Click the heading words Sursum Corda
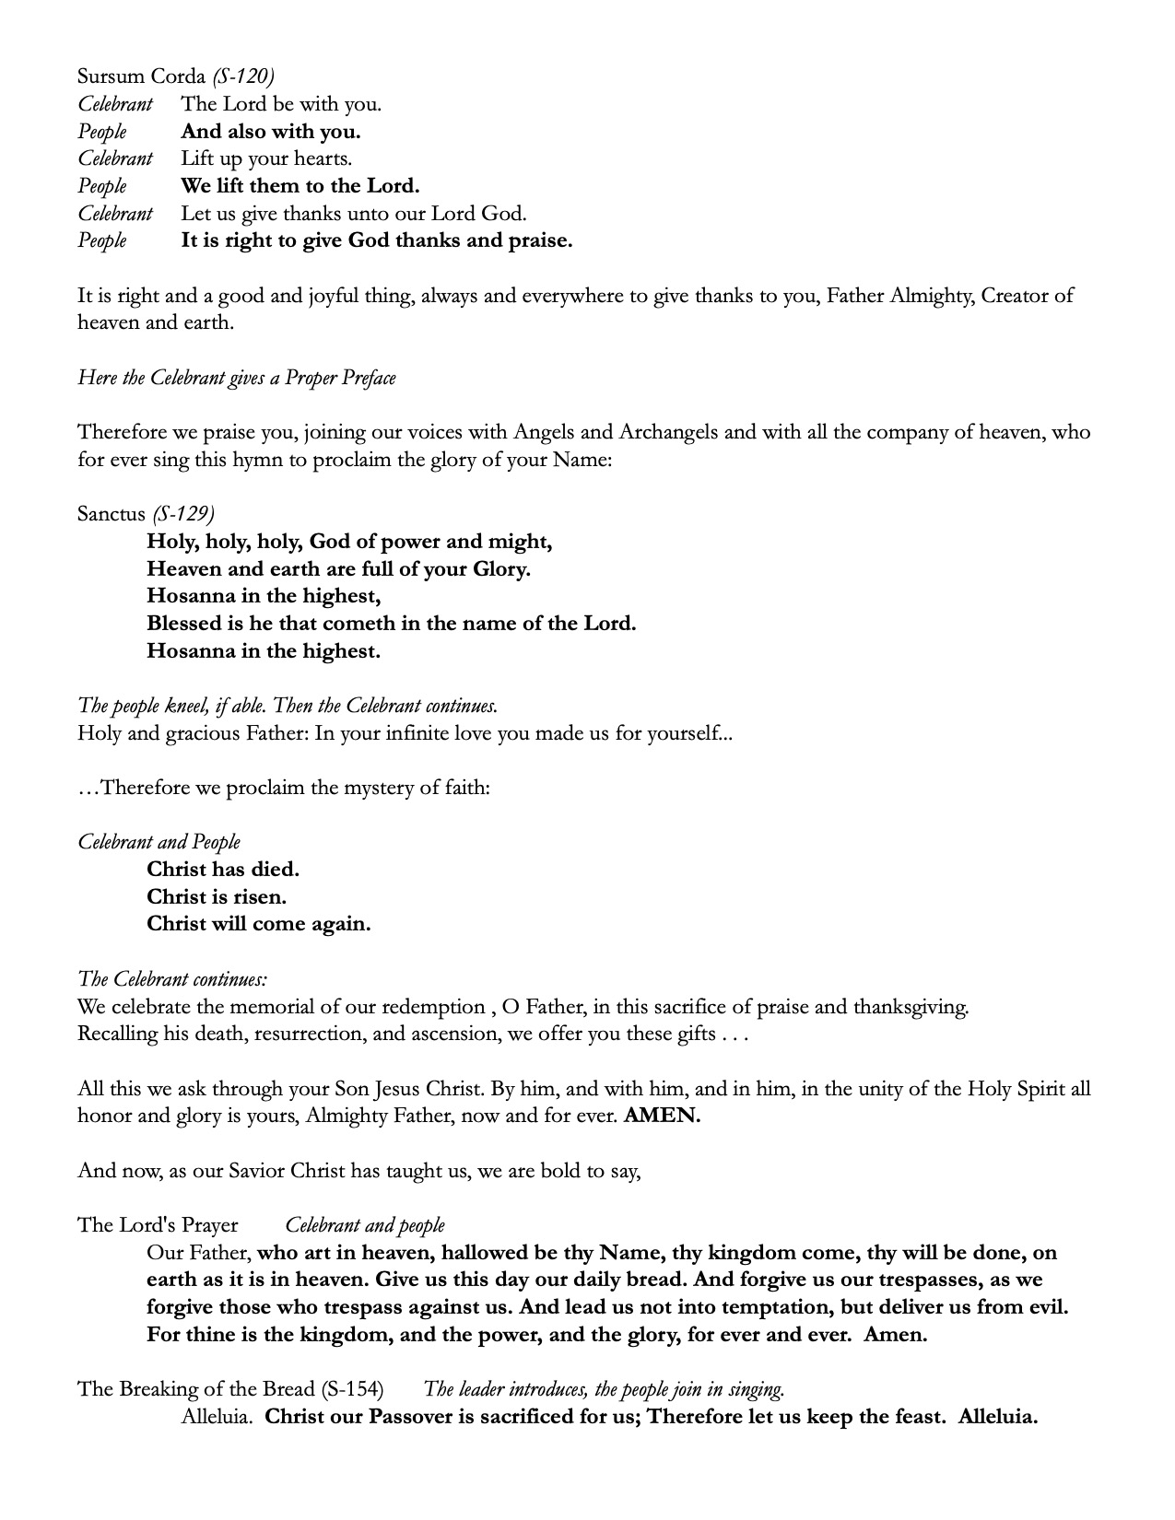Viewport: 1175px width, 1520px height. tap(141, 76)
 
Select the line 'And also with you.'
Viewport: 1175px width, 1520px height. tap(270, 132)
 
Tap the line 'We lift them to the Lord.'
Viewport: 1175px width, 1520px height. tap(300, 186)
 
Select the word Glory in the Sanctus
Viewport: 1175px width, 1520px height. tap(500, 569)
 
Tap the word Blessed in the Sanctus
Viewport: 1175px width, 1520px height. tap(185, 624)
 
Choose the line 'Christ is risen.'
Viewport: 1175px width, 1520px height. tap(217, 896)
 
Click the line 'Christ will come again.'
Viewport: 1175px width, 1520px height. tap(258, 924)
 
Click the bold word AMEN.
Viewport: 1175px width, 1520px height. tap(662, 1117)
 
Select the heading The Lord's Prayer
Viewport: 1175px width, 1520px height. tap(158, 1225)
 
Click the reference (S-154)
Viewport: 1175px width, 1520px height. tap(352, 1389)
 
